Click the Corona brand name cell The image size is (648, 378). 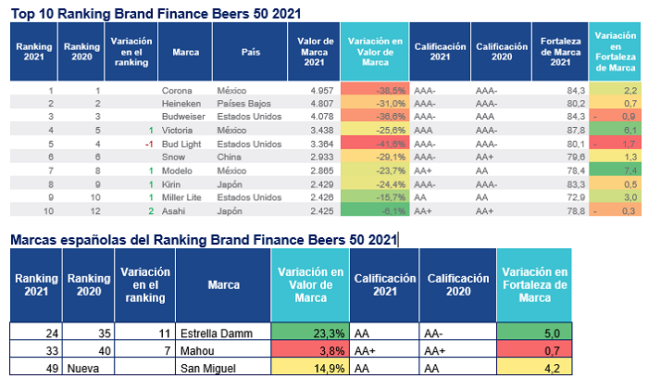pyautogui.click(x=177, y=91)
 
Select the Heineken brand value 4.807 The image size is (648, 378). pyautogui.click(x=321, y=104)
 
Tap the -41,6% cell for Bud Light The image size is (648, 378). pyautogui.click(x=375, y=144)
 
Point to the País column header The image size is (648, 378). pyautogui.click(x=251, y=52)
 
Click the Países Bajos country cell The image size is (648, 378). pyautogui.click(x=243, y=104)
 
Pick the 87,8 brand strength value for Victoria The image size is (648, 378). pyautogui.click(x=576, y=131)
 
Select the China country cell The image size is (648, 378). pyautogui.click(x=229, y=157)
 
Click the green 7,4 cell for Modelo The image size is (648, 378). pyautogui.click(x=615, y=170)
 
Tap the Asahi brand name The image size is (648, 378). pyautogui.click(x=174, y=211)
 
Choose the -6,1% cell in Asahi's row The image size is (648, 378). pyautogui.click(x=375, y=211)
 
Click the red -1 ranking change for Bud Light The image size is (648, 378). pyautogui.click(x=149, y=145)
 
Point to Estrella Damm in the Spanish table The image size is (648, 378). pyautogui.click(x=217, y=334)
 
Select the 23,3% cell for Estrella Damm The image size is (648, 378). pyautogui.click(x=310, y=332)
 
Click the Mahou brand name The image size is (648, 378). pyautogui.click(x=197, y=351)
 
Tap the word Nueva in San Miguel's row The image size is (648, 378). pyautogui.click(x=83, y=369)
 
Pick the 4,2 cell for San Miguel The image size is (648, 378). pyautogui.click(x=534, y=367)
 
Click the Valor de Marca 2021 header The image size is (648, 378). pyautogui.click(x=315, y=52)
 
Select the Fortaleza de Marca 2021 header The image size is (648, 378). pyautogui.click(x=560, y=52)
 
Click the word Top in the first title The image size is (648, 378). pyautogui.click(x=23, y=14)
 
